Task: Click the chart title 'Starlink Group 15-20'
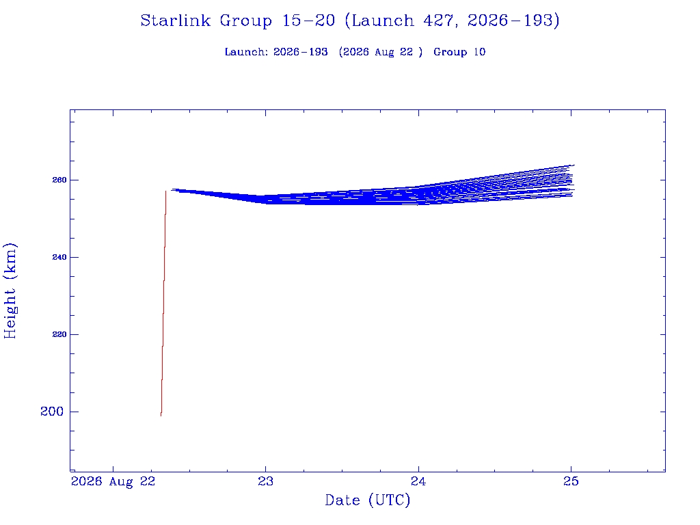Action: click(x=237, y=21)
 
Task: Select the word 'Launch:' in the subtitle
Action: click(x=246, y=52)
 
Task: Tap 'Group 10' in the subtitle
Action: click(x=459, y=52)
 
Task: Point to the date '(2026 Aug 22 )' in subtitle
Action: click(x=381, y=52)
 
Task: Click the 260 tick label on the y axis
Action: click(x=59, y=180)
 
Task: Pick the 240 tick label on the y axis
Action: click(x=59, y=257)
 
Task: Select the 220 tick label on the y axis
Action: click(x=59, y=334)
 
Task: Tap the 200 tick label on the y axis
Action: click(x=52, y=412)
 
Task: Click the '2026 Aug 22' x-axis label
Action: click(x=113, y=482)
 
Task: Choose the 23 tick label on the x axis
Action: click(x=266, y=481)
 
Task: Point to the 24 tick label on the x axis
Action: click(x=418, y=481)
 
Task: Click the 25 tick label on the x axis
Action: click(x=571, y=481)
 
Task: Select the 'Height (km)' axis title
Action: click(x=10, y=291)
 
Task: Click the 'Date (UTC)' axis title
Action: click(x=367, y=500)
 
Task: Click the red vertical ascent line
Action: click(x=163, y=304)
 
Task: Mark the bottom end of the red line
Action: click(x=161, y=416)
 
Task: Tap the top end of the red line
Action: click(x=165, y=191)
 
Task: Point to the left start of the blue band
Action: click(x=172, y=189)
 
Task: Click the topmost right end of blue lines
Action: click(x=574, y=165)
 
